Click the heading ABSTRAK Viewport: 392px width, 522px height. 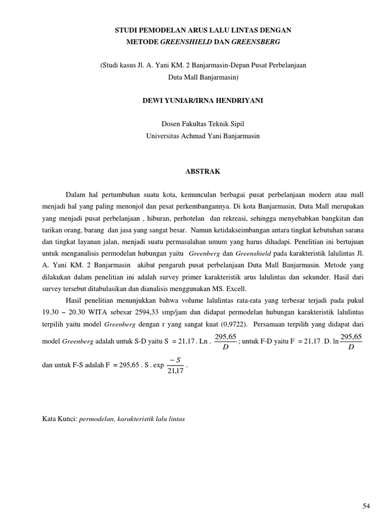[203, 172]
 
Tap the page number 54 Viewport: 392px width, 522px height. [366, 506]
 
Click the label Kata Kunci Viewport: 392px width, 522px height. [60, 419]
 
